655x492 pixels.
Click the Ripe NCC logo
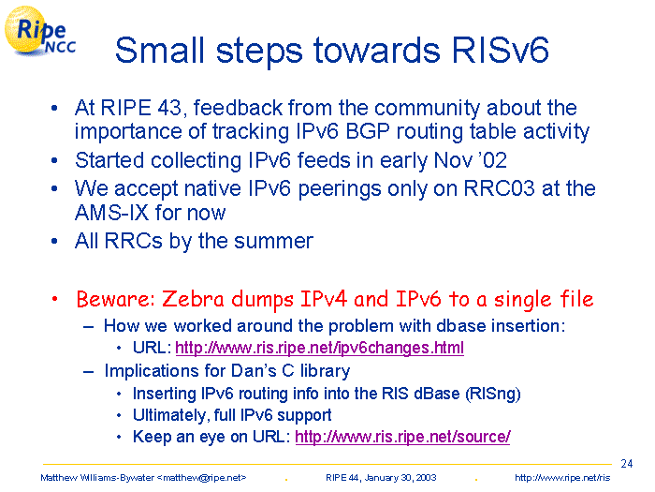coord(40,31)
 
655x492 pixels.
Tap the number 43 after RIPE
coord(170,108)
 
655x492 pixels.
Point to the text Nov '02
coord(471,160)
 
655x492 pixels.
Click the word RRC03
coord(499,188)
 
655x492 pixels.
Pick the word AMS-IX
coord(112,213)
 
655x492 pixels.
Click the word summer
coord(273,242)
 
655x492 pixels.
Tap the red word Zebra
coord(194,299)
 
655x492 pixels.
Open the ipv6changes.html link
coord(320,348)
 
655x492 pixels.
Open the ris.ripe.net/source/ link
coord(402,437)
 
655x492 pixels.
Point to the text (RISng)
coord(493,394)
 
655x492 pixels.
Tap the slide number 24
coord(627,464)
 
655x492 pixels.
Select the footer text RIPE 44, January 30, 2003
coord(381,478)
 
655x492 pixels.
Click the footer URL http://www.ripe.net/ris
coord(562,478)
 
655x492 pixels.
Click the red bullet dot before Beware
coord(54,299)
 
